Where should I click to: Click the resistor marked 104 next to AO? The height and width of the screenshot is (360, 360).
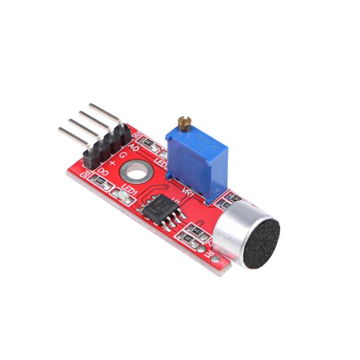pos(149,143)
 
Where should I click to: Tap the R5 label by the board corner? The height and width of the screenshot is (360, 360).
pos(85,175)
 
